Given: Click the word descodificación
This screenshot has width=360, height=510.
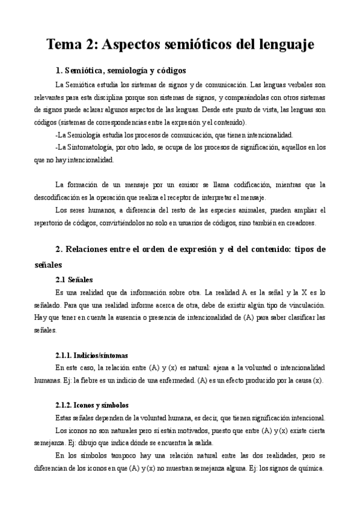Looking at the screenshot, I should coord(64,197).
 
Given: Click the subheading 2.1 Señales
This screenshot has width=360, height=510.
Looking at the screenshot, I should coord(73,279).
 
